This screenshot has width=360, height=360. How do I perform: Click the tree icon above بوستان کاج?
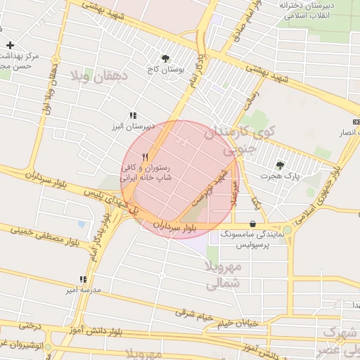tap(165, 59)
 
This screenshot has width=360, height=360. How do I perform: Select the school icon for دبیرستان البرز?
tap(132, 115)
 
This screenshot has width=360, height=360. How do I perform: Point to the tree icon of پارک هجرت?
tap(281, 165)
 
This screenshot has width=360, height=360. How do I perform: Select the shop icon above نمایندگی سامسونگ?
tap(252, 224)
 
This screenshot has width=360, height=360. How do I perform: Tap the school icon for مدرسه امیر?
tap(84, 278)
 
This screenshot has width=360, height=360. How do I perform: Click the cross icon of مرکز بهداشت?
tap(10, 45)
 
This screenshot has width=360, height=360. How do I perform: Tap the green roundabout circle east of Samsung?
tap(288, 230)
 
